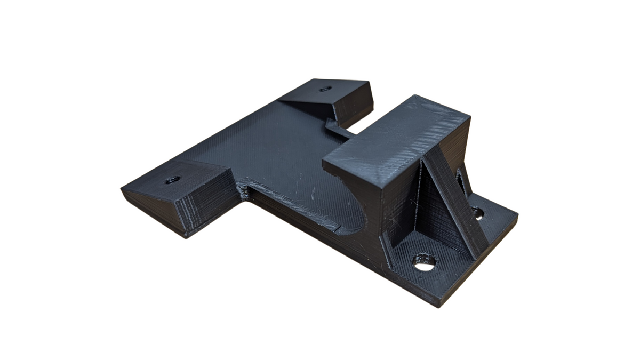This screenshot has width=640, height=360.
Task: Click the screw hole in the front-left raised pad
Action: tap(172, 180)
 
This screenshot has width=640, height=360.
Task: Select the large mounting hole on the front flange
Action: tap(425, 262)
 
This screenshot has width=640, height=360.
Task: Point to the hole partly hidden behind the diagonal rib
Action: tap(477, 213)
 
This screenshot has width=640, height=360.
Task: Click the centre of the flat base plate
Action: tap(277, 155)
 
